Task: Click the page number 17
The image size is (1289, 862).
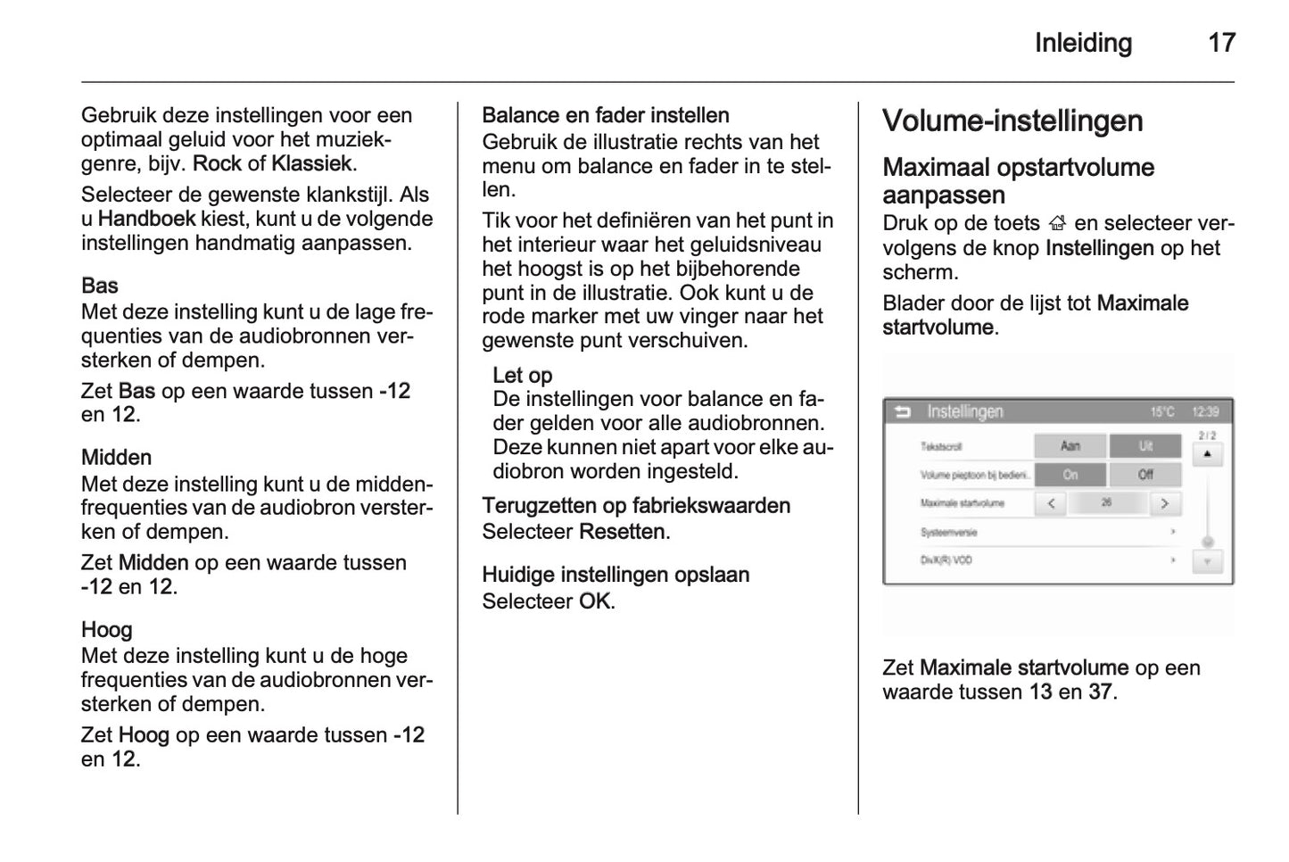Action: (1221, 43)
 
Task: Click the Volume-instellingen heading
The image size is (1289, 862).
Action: (1012, 121)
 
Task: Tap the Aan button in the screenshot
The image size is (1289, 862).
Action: (1070, 446)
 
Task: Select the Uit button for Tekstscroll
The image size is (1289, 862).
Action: (1145, 446)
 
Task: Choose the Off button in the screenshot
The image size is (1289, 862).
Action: (1145, 475)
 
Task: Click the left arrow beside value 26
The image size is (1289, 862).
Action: (1052, 503)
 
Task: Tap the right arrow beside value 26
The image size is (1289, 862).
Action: (1164, 503)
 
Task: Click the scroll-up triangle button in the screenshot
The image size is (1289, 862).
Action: (1207, 454)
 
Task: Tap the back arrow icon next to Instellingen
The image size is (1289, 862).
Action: (903, 412)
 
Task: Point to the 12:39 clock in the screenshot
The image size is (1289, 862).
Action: (1205, 412)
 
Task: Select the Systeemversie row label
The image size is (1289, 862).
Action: (948, 533)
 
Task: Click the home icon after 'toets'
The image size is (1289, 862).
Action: (1058, 225)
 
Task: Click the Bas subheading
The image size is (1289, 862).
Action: (100, 286)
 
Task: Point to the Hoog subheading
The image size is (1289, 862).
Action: (107, 630)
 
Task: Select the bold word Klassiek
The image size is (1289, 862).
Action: (311, 164)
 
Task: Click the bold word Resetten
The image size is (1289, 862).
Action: (622, 532)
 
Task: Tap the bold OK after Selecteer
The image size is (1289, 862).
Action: (594, 601)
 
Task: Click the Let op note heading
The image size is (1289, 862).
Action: (523, 376)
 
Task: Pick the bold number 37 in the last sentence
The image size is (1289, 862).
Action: (1100, 692)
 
